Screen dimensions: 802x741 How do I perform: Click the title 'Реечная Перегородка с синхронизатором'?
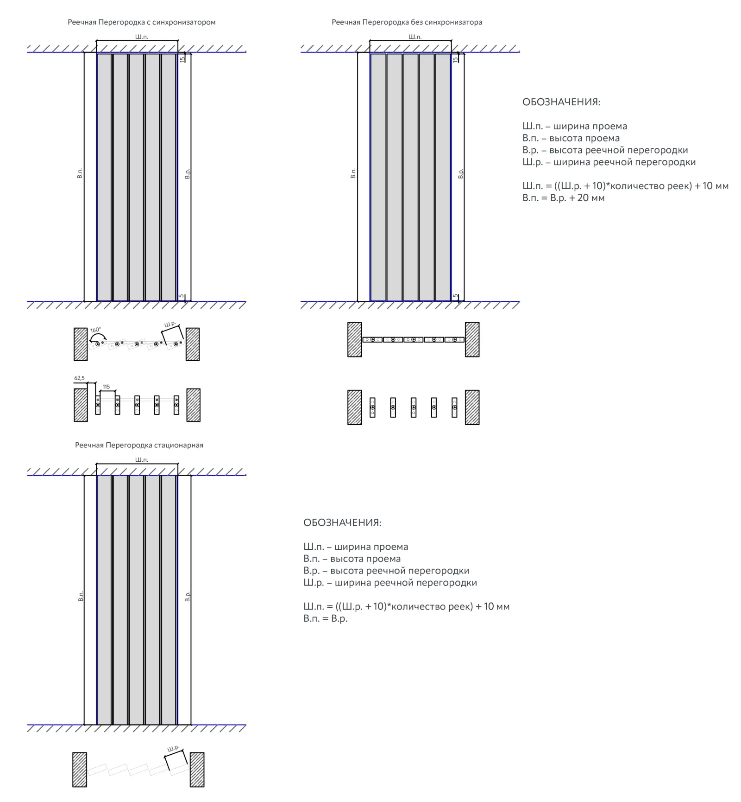point(141,22)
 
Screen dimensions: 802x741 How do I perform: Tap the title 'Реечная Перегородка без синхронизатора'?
point(407,22)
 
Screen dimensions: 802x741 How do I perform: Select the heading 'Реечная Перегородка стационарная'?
point(139,445)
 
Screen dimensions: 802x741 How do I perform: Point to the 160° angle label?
point(95,330)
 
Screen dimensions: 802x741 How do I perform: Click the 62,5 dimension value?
point(79,378)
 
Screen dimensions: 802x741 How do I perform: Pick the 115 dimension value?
point(106,387)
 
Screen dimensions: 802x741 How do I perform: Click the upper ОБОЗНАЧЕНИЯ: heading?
point(561,102)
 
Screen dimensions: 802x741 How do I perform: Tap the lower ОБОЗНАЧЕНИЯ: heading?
point(342,522)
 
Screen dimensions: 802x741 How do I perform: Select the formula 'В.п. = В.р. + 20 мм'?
point(563,198)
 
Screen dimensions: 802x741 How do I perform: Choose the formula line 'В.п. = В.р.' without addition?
point(325,618)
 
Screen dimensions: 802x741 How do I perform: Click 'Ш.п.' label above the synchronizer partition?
point(142,37)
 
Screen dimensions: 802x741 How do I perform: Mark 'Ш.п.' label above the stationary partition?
point(142,460)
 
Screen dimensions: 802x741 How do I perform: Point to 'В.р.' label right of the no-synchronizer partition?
point(460,174)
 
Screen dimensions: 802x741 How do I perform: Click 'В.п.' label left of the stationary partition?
point(81,596)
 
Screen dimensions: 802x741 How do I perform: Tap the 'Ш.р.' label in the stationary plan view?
point(173,748)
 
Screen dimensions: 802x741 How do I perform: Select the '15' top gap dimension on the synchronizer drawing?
point(183,59)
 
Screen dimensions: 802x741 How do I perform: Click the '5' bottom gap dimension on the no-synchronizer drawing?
point(456,296)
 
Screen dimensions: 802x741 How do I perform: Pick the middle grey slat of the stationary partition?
point(137,600)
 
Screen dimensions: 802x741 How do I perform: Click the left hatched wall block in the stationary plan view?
point(80,770)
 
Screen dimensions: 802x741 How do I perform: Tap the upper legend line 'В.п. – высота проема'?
point(571,138)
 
